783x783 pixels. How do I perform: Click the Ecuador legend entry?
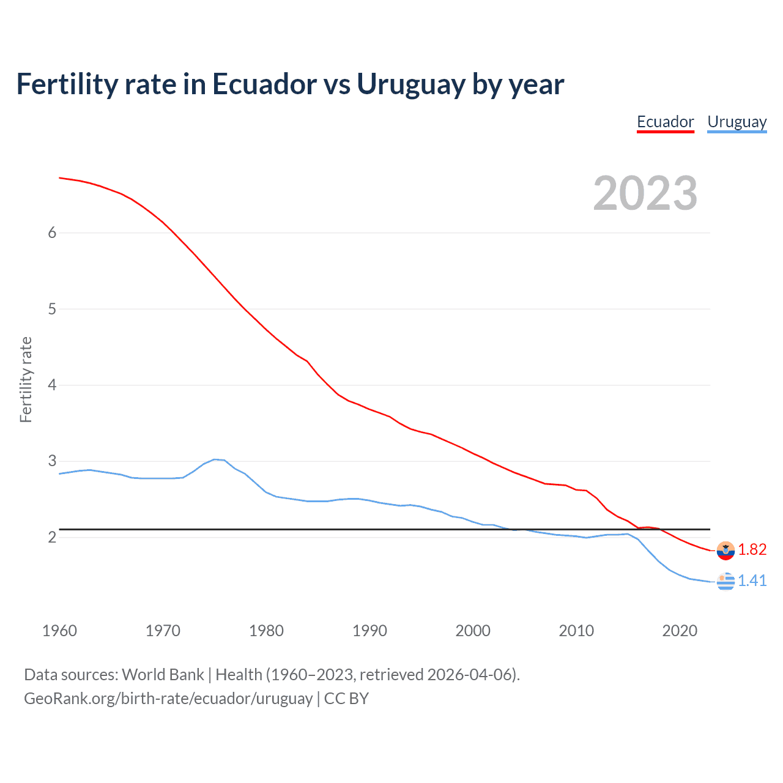pos(665,122)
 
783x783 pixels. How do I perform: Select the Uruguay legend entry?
pos(737,122)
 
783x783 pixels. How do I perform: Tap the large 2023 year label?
pos(645,193)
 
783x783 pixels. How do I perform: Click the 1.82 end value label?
pos(752,549)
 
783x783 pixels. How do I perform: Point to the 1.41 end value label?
pos(752,581)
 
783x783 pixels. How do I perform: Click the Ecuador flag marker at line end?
pos(725,551)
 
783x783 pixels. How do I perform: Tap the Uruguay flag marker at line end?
pos(725,582)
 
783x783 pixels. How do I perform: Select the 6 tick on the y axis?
pos(52,232)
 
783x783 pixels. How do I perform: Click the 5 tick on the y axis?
pos(52,309)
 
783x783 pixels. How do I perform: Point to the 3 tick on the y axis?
pos(52,461)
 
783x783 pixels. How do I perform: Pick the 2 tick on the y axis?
pos(52,537)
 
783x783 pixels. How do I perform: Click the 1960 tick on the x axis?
pos(59,631)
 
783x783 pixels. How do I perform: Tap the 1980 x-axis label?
pos(266,631)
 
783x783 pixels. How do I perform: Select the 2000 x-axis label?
pos(473,631)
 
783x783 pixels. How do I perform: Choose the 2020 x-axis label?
pos(680,631)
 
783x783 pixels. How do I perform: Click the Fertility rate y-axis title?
pos(26,379)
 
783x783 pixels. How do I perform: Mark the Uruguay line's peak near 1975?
pos(215,459)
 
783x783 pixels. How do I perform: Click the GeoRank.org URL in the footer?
pos(168,698)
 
